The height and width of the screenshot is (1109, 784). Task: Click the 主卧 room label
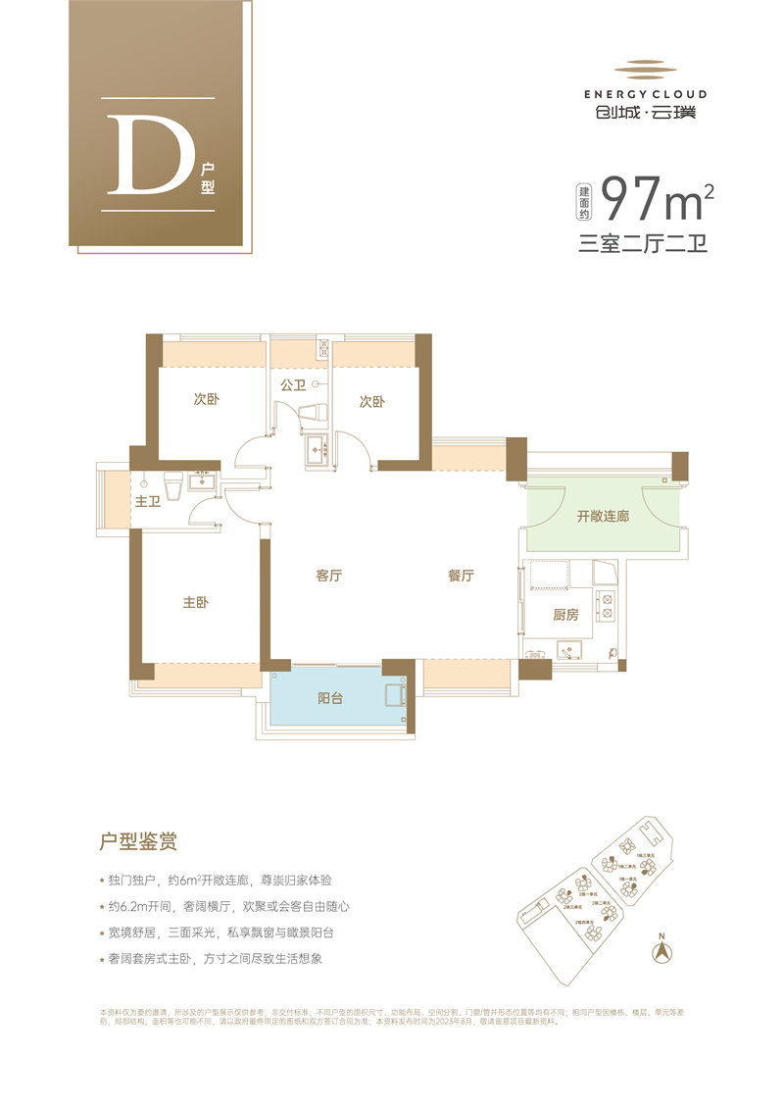click(196, 603)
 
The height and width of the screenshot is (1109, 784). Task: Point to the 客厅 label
click(328, 577)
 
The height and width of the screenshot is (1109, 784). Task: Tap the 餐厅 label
click(461, 577)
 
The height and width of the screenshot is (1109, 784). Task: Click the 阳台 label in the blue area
click(330, 699)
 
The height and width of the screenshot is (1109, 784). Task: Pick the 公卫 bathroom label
click(293, 385)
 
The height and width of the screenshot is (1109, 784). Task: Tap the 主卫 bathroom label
click(148, 501)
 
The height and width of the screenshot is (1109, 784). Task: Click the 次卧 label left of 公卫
click(206, 400)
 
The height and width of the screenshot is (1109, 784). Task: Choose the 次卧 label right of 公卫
click(371, 401)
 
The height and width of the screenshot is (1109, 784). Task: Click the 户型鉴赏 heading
click(138, 841)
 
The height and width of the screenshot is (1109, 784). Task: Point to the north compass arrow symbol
click(662, 949)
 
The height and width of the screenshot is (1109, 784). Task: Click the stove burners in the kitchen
click(606, 607)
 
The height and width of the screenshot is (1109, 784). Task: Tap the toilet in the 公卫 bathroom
click(317, 413)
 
